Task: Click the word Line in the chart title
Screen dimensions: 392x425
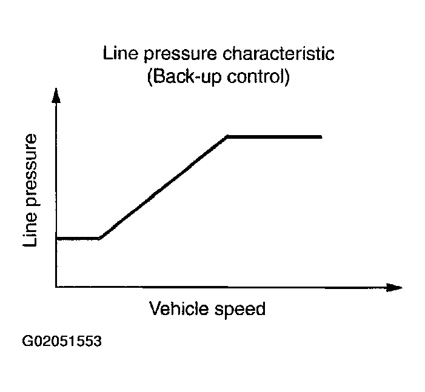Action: click(118, 54)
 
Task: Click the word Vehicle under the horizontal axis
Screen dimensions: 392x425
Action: click(179, 308)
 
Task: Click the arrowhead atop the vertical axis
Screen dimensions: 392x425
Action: click(56, 96)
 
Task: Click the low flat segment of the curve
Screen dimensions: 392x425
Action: click(78, 238)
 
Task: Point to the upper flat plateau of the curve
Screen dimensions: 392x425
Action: click(274, 137)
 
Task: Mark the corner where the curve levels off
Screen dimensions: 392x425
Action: click(227, 137)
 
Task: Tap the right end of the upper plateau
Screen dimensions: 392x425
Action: click(320, 137)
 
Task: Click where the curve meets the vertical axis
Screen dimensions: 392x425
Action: click(56, 238)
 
